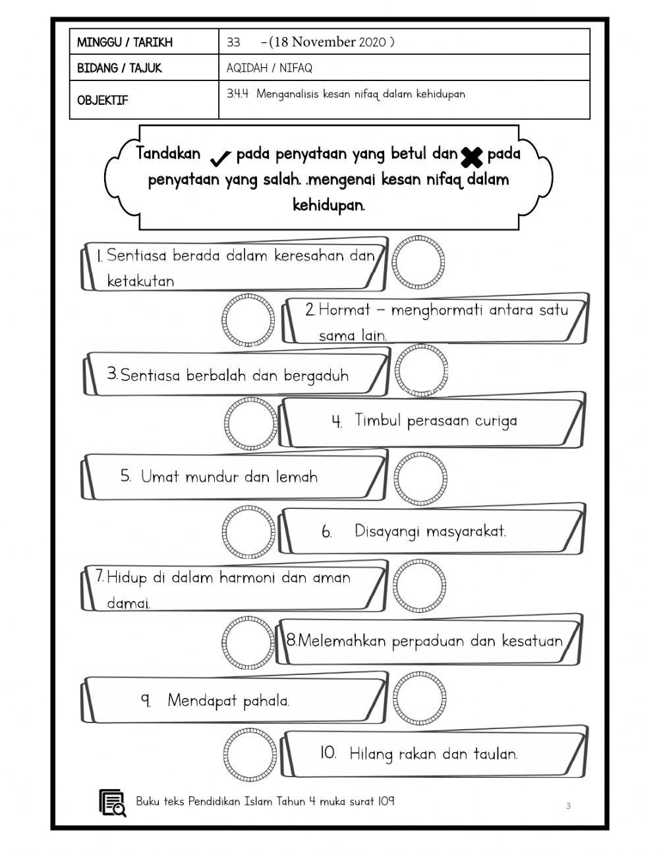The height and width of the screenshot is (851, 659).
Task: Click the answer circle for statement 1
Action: click(418, 261)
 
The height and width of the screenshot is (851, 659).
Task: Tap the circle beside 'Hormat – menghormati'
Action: click(248, 320)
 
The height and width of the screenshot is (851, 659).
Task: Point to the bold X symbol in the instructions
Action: click(471, 157)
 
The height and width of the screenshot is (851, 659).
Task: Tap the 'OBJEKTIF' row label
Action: click(103, 101)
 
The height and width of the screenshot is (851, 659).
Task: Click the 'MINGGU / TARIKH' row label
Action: click(125, 43)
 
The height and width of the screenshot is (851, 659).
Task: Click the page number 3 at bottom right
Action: click(568, 806)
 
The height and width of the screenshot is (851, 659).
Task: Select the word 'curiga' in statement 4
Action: click(496, 421)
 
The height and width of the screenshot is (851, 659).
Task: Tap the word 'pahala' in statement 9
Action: click(266, 701)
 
